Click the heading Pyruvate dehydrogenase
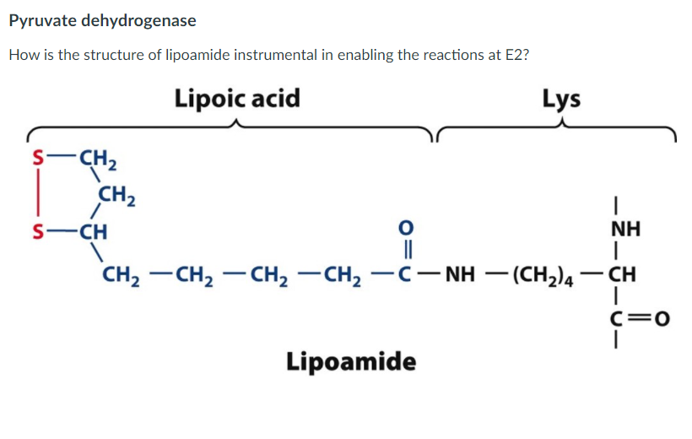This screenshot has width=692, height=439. (102, 21)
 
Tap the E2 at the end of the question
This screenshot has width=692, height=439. (516, 55)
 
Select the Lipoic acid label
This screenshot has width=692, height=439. (237, 98)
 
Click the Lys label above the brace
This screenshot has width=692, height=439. (561, 99)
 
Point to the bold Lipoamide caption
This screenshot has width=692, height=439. (351, 361)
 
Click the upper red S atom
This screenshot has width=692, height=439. (39, 158)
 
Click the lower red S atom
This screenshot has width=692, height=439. (39, 231)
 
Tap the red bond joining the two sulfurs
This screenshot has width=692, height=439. (39, 194)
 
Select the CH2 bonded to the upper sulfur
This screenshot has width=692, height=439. (98, 159)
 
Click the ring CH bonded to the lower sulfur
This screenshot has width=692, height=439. (93, 231)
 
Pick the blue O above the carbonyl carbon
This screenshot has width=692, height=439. (406, 228)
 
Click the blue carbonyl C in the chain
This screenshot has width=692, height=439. (405, 274)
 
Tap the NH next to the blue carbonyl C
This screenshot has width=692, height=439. (460, 274)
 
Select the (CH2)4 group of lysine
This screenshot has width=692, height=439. (543, 275)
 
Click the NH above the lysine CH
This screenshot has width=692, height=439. (625, 230)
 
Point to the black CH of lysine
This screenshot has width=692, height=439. (622, 274)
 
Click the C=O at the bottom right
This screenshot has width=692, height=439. (640, 318)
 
